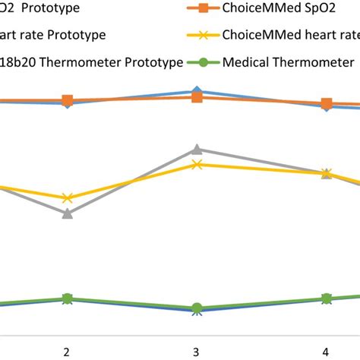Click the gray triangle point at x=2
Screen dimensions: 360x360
point(67,213)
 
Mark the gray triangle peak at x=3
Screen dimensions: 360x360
point(197,150)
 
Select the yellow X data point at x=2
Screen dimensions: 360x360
point(67,198)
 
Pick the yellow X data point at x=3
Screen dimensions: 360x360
point(197,164)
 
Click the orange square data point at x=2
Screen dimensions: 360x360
point(67,100)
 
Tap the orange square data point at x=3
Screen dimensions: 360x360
point(197,97)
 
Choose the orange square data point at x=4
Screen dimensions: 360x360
point(326,103)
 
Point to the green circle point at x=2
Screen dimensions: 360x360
point(67,298)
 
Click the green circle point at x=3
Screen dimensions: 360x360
point(197,308)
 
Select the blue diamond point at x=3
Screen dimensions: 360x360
point(197,90)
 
